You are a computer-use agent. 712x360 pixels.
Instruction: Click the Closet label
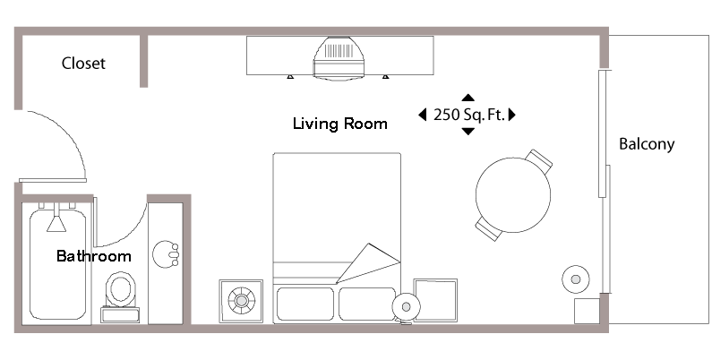tap(83, 64)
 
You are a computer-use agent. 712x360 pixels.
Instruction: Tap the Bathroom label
tap(93, 256)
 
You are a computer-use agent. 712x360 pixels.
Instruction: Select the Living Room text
tap(339, 124)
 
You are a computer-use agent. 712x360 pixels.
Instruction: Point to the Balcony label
tap(646, 144)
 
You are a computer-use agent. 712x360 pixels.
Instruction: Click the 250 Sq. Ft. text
tap(468, 115)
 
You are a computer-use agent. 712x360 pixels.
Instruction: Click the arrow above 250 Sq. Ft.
tap(468, 97)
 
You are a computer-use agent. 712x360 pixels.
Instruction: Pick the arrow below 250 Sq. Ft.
tap(468, 132)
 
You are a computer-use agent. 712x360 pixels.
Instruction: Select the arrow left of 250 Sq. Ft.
tap(422, 115)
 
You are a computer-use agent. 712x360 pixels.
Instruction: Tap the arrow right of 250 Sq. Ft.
tap(513, 115)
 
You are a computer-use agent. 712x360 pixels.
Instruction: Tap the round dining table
tap(512, 195)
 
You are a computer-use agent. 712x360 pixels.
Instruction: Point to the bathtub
tap(59, 264)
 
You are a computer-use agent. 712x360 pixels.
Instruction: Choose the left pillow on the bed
tap(305, 304)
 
